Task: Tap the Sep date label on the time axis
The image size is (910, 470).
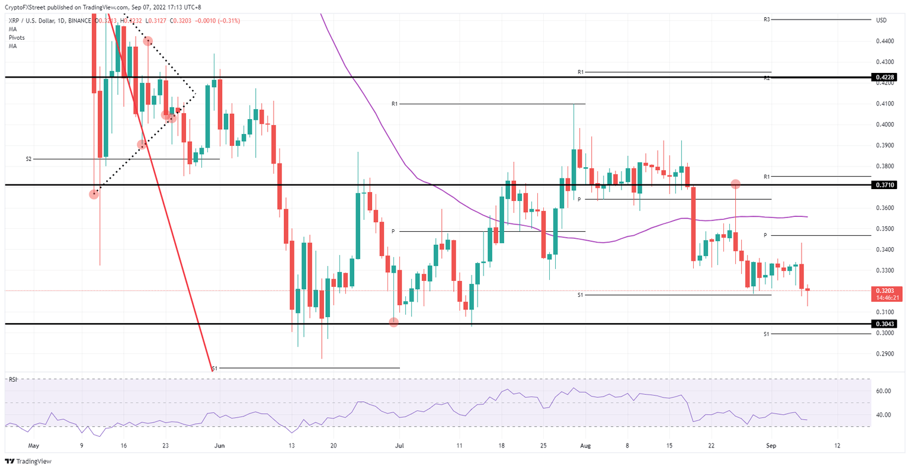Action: coord(771,445)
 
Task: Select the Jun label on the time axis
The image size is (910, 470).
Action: coord(220,445)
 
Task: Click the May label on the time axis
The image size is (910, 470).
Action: coord(34,445)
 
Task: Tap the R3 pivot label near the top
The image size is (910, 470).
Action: coord(767,20)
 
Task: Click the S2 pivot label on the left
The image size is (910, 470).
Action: coord(28,159)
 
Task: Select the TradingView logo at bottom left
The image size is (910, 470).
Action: coord(30,461)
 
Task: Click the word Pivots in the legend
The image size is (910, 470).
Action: coord(17,37)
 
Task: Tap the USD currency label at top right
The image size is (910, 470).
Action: coord(882,20)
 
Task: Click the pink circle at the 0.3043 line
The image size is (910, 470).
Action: coord(393,322)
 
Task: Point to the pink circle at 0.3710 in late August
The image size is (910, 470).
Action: coord(735,184)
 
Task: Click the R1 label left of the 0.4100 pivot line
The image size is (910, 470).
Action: coord(395,104)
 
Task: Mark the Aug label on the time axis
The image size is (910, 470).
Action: coord(585,445)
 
